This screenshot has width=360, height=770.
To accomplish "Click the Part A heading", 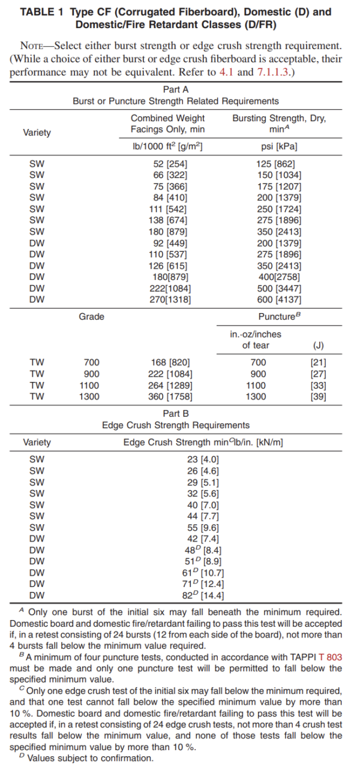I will [176, 89].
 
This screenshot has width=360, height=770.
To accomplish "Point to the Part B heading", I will [176, 413].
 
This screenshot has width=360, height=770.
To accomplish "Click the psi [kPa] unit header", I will [279, 146].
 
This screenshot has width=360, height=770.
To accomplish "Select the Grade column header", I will [91, 316].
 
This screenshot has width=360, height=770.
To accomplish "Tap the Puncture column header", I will [279, 316].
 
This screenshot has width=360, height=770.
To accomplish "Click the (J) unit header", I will [318, 345].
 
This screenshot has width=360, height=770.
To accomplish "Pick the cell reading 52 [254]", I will [168, 164].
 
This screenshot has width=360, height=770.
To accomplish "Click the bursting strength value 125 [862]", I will [279, 164].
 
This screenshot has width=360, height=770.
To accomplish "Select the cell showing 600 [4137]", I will [279, 299].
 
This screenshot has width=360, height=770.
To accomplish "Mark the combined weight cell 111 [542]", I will [168, 209].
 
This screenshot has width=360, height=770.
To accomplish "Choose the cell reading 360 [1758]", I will [170, 396].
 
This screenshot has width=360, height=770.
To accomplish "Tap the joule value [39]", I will [318, 396].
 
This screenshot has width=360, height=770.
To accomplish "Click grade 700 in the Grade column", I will [91, 362].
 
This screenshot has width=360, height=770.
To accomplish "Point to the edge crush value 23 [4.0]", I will [203, 460].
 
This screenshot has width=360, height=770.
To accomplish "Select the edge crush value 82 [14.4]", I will [203, 595].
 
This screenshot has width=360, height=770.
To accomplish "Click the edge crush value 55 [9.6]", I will [203, 528].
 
